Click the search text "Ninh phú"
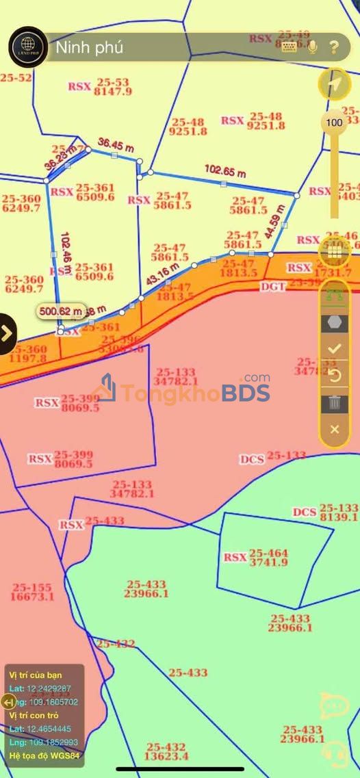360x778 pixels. [90, 48]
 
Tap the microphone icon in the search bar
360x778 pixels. [312, 47]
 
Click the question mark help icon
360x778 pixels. [334, 47]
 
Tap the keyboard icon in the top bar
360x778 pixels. [289, 47]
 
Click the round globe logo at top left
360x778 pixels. [27, 47]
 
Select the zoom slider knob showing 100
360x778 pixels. [334, 123]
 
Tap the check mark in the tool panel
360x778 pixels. [335, 348]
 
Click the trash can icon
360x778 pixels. [335, 402]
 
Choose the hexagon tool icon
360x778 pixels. [335, 322]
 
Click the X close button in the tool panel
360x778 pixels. [335, 429]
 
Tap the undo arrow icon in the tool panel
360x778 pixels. [335, 376]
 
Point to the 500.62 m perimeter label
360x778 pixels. [61, 311]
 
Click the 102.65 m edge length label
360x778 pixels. [224, 171]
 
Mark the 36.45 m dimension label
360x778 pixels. [116, 144]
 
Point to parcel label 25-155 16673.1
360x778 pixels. [32, 592]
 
